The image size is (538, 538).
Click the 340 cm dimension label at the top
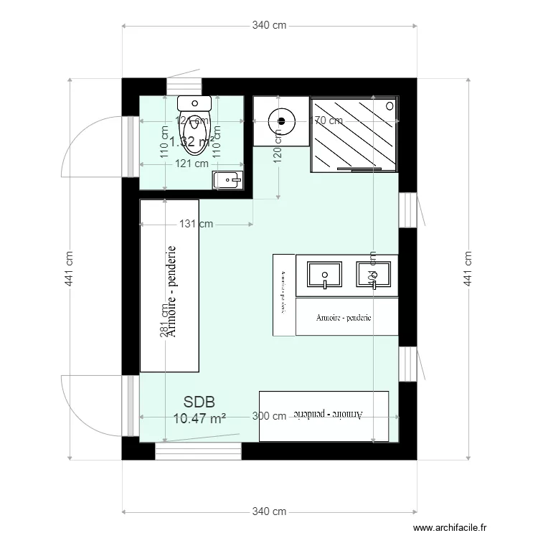(x=269, y=26)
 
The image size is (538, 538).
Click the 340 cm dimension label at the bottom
(x=269, y=511)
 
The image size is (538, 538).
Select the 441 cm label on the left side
(x=70, y=269)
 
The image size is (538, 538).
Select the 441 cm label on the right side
(x=468, y=269)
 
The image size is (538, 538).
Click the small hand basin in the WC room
(x=229, y=179)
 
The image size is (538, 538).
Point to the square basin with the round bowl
(x=280, y=121)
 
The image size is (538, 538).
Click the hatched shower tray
(x=354, y=134)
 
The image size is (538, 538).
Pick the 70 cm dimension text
(x=328, y=121)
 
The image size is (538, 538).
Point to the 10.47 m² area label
(x=199, y=418)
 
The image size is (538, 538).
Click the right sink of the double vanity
(x=373, y=275)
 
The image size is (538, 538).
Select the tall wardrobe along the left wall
(x=169, y=285)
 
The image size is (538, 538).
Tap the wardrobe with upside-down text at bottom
(x=323, y=417)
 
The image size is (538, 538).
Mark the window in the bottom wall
(x=199, y=451)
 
